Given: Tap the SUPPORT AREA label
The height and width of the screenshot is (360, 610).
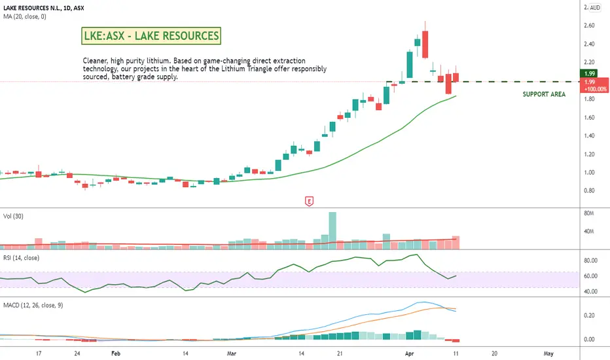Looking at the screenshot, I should (x=544, y=94).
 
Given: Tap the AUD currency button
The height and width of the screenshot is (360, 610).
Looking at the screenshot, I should (x=595, y=8).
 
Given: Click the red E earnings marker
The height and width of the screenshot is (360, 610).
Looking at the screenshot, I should (x=309, y=202).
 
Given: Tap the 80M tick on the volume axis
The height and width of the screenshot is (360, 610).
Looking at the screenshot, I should (x=590, y=213).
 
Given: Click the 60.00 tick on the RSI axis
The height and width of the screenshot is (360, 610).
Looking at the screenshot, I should (x=591, y=276).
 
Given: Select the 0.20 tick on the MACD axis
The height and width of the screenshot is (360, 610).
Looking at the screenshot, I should (x=589, y=315).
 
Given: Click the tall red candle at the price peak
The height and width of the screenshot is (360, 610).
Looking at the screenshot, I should (x=425, y=42).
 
